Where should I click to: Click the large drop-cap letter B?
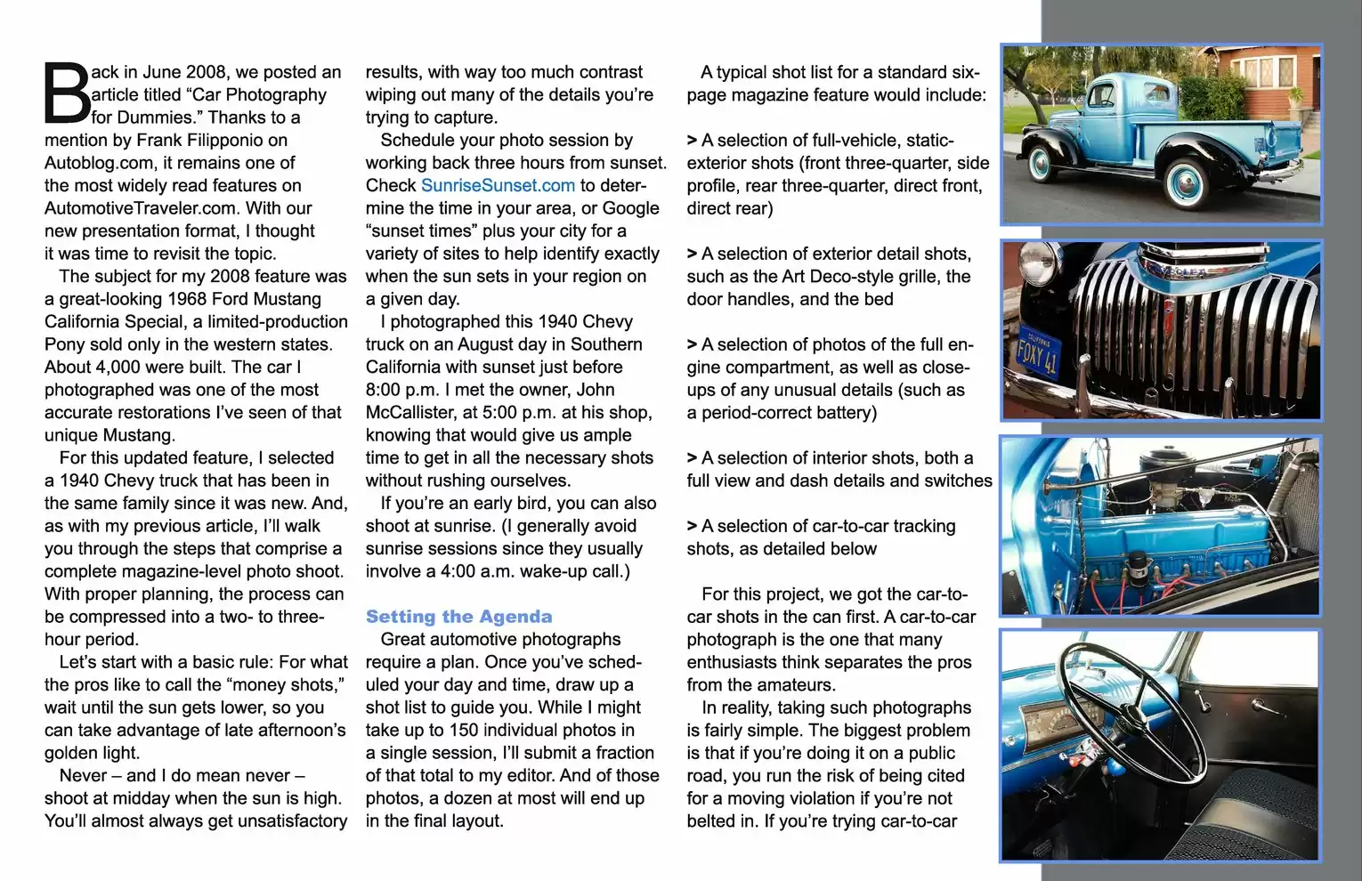tap(67, 93)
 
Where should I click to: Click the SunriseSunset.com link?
tap(498, 185)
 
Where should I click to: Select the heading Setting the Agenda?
tap(458, 617)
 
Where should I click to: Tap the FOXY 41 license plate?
tap(1038, 357)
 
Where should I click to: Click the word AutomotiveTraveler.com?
tap(142, 208)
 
